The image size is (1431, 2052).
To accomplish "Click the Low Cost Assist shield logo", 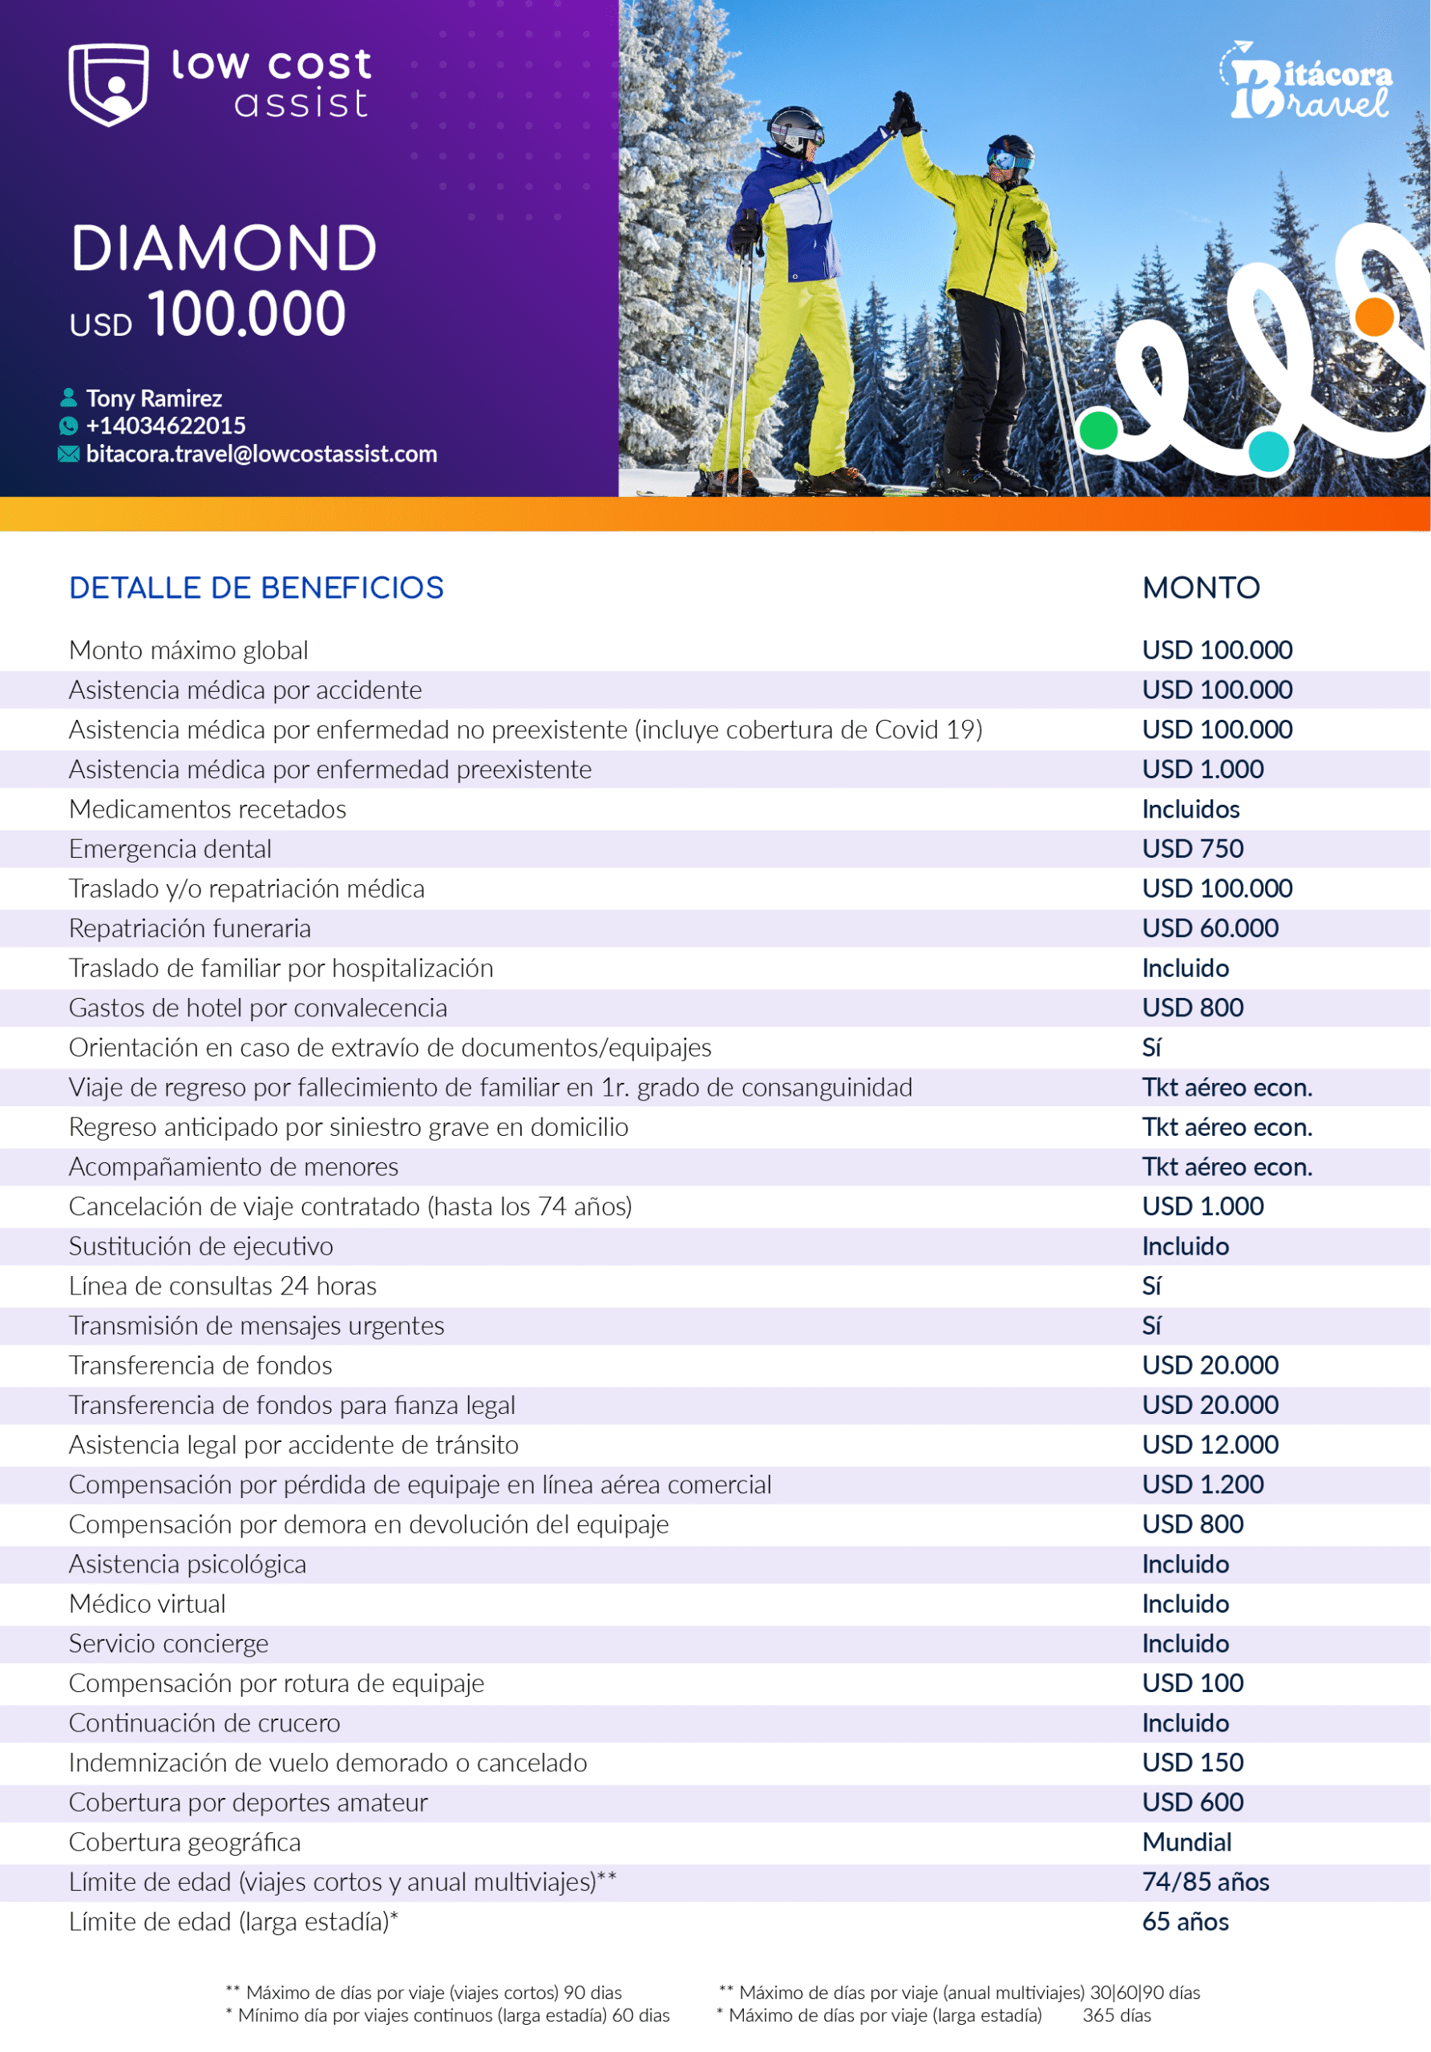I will click(108, 84).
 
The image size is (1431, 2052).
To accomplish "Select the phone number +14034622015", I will click(165, 426).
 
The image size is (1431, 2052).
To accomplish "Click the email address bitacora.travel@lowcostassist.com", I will click(261, 454).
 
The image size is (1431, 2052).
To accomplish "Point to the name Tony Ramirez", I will click(154, 398).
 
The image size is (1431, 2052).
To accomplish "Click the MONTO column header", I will click(1200, 588).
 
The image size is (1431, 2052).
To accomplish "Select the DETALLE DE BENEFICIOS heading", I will click(256, 588).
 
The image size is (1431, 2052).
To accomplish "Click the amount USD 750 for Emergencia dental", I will click(1192, 849).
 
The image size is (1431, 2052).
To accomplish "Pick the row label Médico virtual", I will click(148, 1604).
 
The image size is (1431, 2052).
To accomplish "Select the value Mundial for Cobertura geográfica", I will click(1186, 1842).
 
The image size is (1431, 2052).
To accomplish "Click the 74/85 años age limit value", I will click(1205, 1882).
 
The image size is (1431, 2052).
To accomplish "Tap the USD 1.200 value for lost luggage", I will click(1203, 1484).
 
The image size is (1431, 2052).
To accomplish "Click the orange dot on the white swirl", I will click(1374, 317).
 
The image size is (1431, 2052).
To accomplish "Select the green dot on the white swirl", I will click(1098, 430).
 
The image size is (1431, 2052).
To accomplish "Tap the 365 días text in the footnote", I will click(1117, 2015).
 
